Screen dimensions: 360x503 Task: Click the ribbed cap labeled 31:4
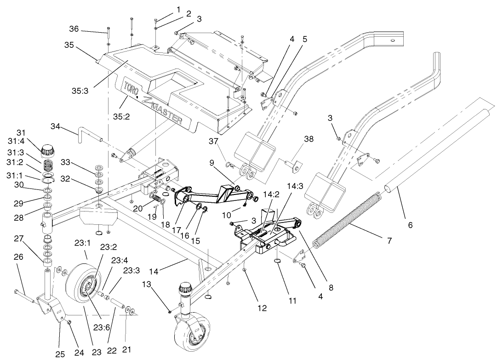tap(48, 150)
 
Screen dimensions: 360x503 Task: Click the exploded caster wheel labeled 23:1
tap(83, 280)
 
